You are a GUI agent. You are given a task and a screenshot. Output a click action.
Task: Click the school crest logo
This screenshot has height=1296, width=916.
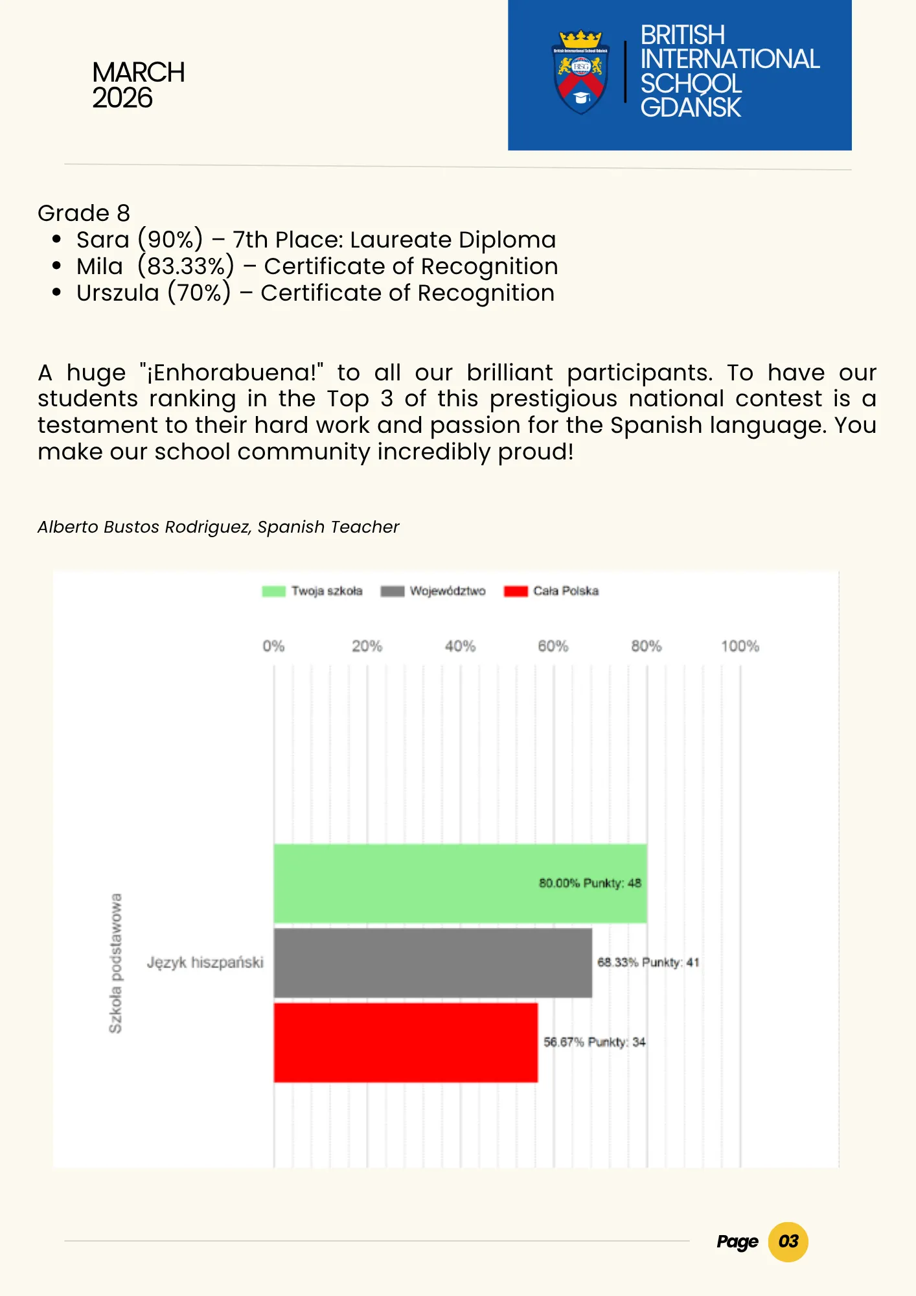coord(580,72)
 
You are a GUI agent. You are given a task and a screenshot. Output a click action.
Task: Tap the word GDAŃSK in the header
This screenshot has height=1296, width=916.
coord(691,108)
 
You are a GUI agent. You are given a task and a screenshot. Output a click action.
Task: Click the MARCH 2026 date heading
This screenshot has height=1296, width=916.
coord(138,85)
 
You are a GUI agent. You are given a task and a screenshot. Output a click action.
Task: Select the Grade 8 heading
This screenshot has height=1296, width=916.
coord(84,213)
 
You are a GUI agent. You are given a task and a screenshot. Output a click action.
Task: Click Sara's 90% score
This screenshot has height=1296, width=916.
coord(170,240)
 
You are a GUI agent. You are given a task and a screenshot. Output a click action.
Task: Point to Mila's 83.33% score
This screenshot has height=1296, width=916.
coord(186,266)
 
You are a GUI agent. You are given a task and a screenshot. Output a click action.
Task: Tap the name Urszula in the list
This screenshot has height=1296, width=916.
coord(117,293)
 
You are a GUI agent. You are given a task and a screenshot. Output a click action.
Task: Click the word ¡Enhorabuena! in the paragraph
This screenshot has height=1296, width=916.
coord(232,373)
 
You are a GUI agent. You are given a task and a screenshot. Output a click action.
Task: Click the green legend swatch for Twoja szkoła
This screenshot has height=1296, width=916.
coord(273,591)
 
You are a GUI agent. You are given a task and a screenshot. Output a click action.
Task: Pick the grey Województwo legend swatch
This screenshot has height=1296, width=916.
coord(392,591)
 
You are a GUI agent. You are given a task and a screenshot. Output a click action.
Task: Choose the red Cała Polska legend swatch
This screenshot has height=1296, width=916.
coord(516,591)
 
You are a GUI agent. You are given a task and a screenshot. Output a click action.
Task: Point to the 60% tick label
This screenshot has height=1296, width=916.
coord(553,646)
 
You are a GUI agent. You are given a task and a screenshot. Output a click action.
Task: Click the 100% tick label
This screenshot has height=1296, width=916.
coord(740,646)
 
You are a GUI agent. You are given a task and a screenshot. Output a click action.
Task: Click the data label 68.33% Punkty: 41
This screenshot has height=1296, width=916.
coord(648,962)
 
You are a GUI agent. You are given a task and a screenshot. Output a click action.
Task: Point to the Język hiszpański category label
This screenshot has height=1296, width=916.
coord(205,962)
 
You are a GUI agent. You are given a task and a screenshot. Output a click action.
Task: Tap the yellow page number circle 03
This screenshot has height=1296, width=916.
coord(788,1242)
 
